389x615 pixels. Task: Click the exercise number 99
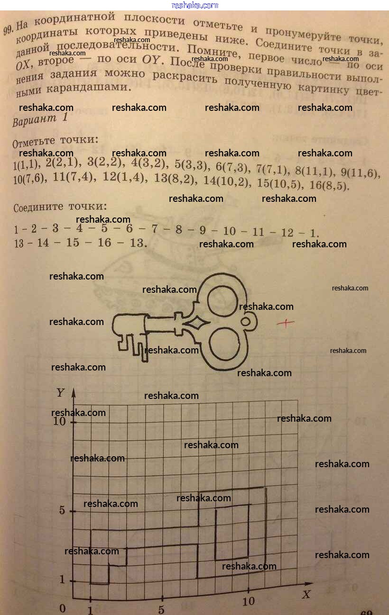click(8, 31)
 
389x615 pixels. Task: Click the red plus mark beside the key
click(285, 324)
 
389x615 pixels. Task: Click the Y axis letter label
click(61, 393)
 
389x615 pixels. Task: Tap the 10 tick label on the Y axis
click(59, 421)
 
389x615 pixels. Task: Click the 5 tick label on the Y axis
click(62, 510)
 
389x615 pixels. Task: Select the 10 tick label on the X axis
click(248, 601)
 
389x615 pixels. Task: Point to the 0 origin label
click(62, 608)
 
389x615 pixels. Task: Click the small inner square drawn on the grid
click(232, 532)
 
